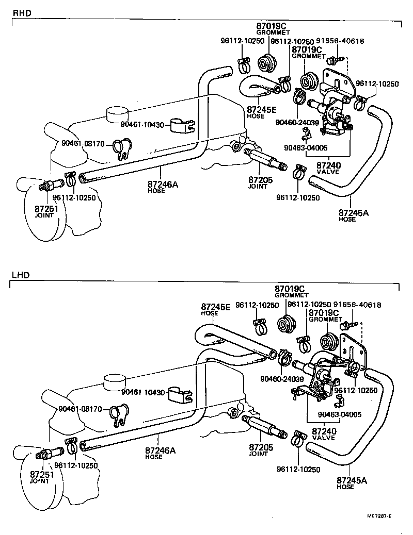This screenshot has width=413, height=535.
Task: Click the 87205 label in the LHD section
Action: [261, 446]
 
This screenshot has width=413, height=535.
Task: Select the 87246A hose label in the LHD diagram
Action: [161, 450]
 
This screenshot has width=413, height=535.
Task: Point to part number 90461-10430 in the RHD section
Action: [142, 124]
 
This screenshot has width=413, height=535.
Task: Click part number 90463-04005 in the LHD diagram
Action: [339, 414]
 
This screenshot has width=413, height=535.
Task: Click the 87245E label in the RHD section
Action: [262, 109]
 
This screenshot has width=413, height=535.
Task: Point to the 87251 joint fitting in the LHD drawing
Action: [49, 454]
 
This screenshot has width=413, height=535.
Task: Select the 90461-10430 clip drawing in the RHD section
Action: [183, 124]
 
